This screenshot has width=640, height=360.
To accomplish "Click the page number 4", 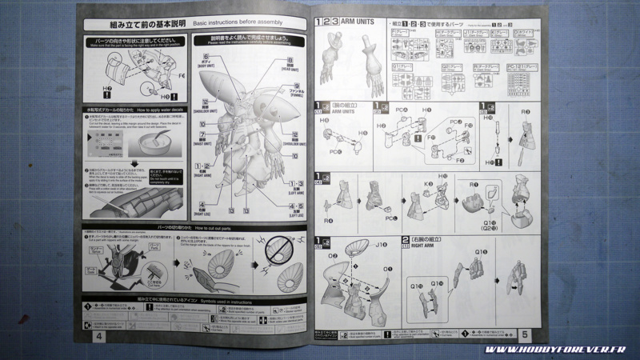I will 98,336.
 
